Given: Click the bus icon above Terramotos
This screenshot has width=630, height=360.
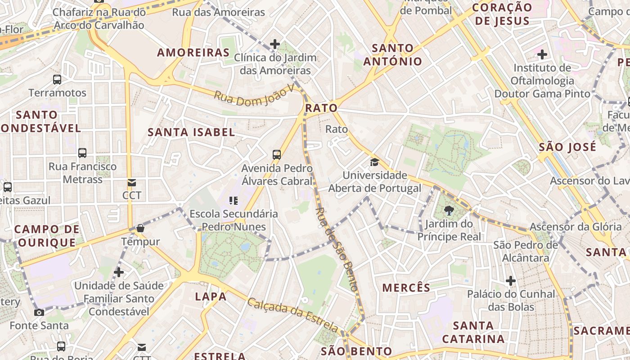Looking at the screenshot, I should (x=57, y=80).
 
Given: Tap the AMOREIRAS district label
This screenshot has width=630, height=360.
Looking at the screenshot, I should (x=193, y=53).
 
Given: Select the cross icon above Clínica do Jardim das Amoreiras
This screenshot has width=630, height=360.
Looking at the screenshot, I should (x=275, y=44).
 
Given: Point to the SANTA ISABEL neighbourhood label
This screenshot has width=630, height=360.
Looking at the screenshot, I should (x=191, y=132).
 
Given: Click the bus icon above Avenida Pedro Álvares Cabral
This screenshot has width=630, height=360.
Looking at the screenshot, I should (x=277, y=155).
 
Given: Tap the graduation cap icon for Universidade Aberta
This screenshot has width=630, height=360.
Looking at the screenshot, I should (x=374, y=162).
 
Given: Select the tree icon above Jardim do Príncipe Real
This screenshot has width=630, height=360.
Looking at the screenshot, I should (x=449, y=210).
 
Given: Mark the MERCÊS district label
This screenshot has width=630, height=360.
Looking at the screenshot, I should (x=406, y=288).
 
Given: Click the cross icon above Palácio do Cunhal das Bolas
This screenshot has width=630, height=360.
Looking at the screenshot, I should (x=511, y=281).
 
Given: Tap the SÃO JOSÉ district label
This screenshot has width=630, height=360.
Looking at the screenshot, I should (x=567, y=147).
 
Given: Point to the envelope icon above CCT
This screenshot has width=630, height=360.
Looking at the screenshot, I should (x=132, y=183).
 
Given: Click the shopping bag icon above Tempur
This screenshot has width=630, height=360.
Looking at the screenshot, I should (x=140, y=228).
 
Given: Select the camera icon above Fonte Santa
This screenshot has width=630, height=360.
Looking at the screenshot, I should (x=39, y=312).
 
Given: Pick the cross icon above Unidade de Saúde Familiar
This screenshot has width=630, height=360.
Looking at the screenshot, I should (x=119, y=272).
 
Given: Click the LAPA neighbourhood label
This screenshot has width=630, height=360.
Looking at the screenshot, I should (x=211, y=297).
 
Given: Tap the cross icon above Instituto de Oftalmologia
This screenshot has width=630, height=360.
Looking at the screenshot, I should (x=542, y=55).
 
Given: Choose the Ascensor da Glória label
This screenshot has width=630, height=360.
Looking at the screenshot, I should (x=575, y=227).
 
